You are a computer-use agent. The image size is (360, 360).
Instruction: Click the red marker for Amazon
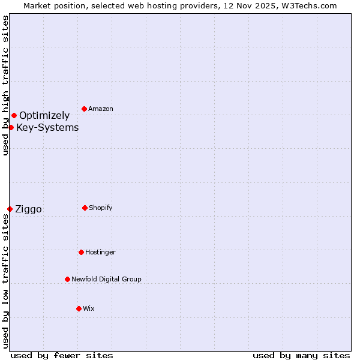(85, 109)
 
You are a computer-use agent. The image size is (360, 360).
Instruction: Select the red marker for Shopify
(85, 208)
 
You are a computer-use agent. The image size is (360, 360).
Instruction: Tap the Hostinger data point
(81, 252)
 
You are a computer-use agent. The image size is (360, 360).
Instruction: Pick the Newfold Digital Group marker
(67, 279)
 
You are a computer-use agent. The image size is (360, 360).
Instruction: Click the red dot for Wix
(79, 308)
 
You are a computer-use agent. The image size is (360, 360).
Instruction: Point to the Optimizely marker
(14, 115)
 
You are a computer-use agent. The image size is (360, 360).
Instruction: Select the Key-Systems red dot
(11, 127)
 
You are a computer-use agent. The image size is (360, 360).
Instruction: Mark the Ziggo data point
(10, 209)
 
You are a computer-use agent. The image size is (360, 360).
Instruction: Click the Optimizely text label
(44, 115)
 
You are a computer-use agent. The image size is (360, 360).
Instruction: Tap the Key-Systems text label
(47, 127)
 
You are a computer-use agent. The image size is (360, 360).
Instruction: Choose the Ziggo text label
(28, 209)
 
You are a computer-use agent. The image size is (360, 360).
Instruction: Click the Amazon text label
(101, 109)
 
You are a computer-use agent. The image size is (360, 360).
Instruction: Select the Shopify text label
(101, 208)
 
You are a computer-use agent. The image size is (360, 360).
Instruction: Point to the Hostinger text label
(100, 252)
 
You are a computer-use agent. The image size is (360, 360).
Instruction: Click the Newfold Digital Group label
(106, 279)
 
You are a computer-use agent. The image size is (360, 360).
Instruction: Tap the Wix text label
(89, 308)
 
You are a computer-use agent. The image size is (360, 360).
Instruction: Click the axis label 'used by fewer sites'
(62, 355)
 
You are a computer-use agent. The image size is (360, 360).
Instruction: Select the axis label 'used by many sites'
(301, 355)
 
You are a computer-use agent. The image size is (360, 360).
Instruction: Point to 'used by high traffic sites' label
(5, 85)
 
